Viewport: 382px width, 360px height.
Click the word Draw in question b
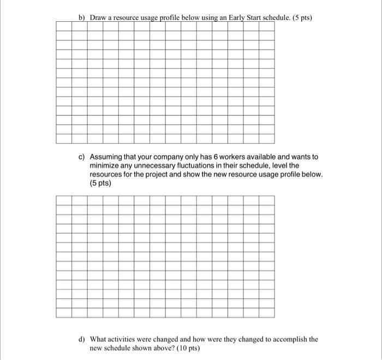(x=98, y=17)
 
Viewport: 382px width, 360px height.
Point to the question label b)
(x=83, y=17)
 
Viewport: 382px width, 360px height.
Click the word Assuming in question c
(x=108, y=157)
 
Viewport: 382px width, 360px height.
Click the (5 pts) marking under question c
(x=100, y=183)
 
